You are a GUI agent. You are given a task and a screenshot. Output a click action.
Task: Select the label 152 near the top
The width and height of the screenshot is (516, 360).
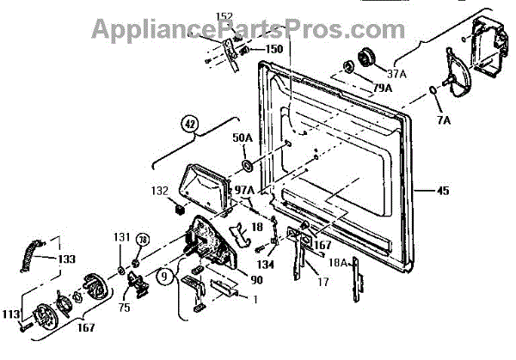pos(224,17)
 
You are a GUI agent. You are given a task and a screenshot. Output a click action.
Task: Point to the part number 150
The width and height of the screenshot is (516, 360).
pos(273,49)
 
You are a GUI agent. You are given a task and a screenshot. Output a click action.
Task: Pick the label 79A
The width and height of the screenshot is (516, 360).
pos(382,88)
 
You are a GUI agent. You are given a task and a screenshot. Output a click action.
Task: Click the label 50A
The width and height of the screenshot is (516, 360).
pos(243,137)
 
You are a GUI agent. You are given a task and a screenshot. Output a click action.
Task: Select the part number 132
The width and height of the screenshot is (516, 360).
pos(161,190)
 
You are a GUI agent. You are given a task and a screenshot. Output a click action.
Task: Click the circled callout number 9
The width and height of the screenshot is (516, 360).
pos(163,277)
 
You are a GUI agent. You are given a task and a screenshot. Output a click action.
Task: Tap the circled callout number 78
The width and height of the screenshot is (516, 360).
pos(144,240)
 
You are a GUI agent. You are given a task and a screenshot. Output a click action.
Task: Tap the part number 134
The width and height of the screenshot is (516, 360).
pos(264,265)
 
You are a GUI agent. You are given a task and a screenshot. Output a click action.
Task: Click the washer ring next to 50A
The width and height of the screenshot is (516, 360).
pos(247,164)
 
